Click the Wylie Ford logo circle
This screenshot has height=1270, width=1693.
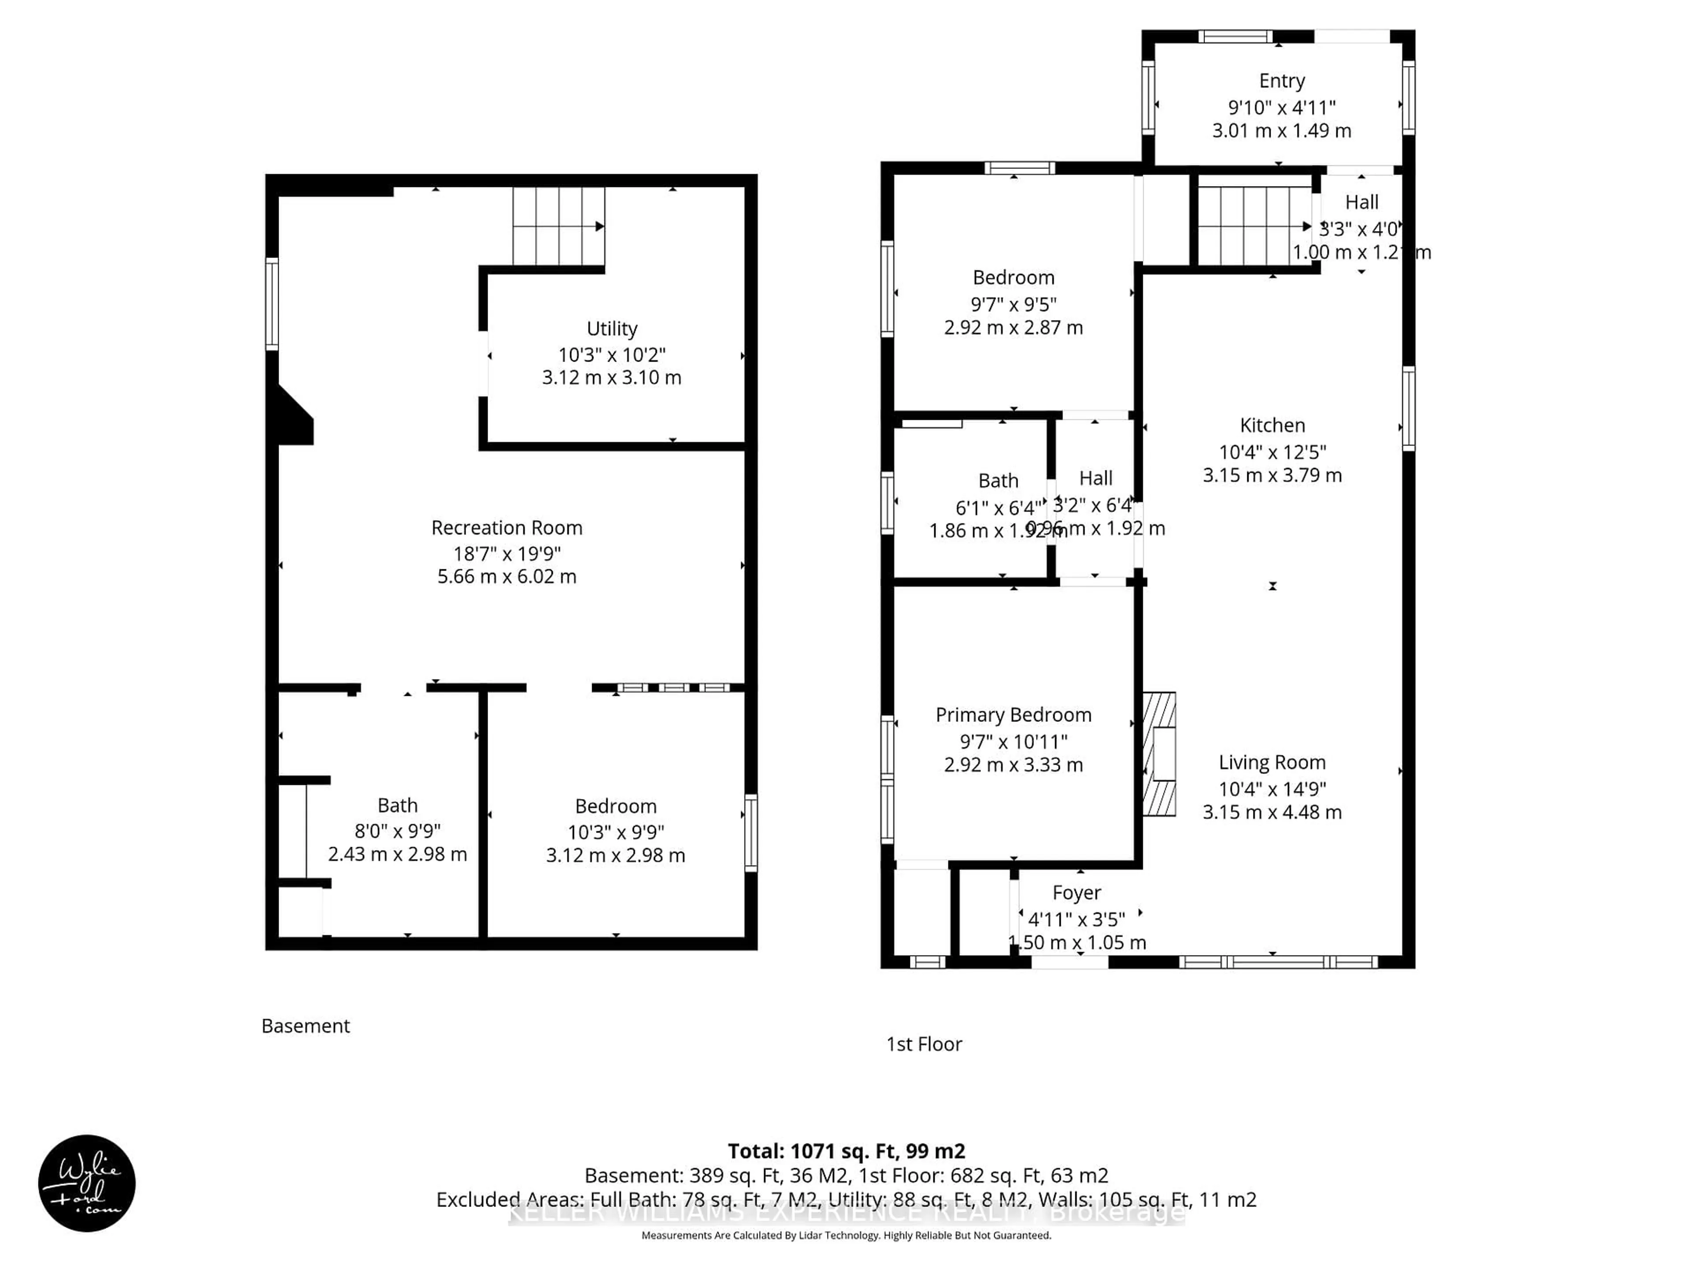(x=86, y=1183)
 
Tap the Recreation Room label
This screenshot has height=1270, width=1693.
(x=507, y=527)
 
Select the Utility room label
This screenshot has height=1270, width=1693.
(x=612, y=329)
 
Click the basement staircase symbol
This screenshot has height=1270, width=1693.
(x=559, y=226)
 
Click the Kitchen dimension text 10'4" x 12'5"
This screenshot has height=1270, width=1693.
(x=1272, y=452)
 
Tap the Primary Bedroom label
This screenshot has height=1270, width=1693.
(x=1013, y=715)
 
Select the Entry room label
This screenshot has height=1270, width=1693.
(x=1282, y=80)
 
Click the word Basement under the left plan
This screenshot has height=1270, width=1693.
(x=306, y=1026)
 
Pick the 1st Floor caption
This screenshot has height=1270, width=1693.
(x=924, y=1044)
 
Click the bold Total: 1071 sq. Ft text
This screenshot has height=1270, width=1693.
(x=846, y=1150)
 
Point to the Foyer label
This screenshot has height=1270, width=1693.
(x=1076, y=893)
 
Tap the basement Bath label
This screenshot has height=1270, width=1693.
(x=397, y=805)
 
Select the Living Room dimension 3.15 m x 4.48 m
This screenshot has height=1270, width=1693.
(x=1272, y=812)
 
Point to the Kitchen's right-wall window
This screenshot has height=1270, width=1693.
(x=1408, y=408)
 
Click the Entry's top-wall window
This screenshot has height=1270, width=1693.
(x=1234, y=36)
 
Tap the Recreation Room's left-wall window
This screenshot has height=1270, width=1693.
(x=272, y=304)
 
